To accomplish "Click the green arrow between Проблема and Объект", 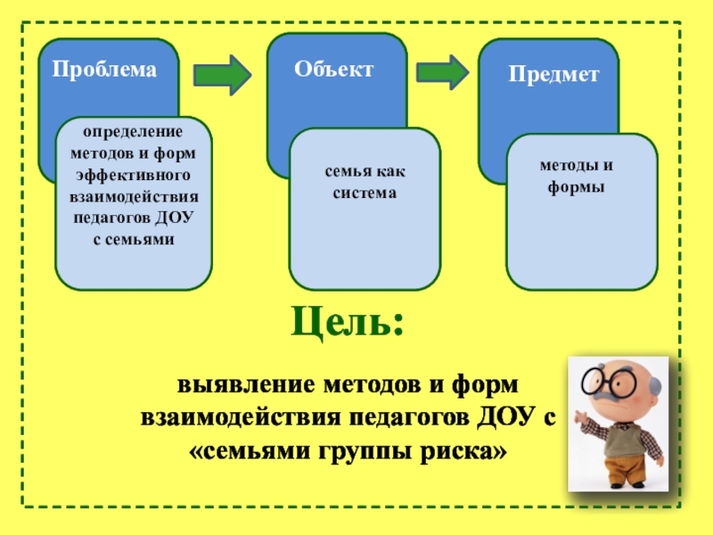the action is [x=223, y=75].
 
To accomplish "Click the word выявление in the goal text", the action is [x=228, y=386].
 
